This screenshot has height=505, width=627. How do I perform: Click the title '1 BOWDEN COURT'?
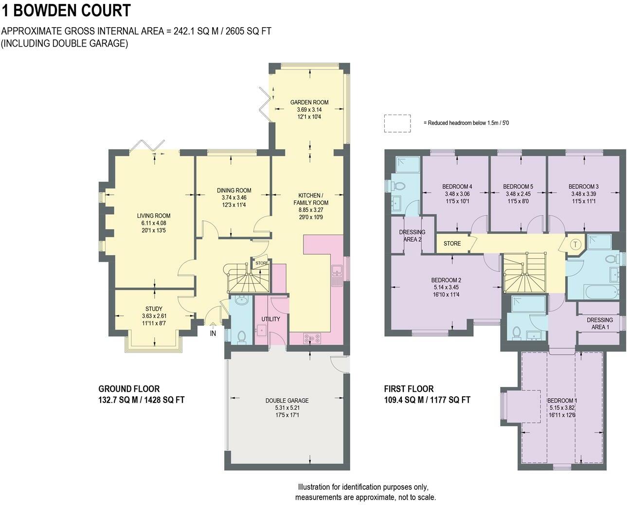(x=66, y=10)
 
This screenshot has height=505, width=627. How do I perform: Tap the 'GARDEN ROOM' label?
(x=309, y=102)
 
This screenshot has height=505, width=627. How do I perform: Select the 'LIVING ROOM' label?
(x=153, y=216)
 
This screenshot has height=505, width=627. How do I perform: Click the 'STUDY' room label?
(x=154, y=309)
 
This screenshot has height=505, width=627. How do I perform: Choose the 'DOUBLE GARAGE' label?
(x=287, y=401)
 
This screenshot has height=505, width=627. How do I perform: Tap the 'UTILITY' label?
(x=270, y=319)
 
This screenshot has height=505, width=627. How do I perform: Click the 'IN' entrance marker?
(x=213, y=334)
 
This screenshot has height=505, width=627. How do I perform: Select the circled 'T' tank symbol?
(x=575, y=244)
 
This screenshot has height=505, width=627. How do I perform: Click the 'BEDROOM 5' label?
(x=518, y=186)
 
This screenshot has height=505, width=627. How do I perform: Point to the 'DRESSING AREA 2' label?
(x=412, y=236)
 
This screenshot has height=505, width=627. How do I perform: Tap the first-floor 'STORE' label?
(x=452, y=243)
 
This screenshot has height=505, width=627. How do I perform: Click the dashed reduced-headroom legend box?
(x=397, y=123)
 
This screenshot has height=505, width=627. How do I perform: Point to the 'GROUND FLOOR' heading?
(x=129, y=389)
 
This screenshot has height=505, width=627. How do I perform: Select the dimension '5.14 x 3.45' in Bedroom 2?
(x=446, y=287)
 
